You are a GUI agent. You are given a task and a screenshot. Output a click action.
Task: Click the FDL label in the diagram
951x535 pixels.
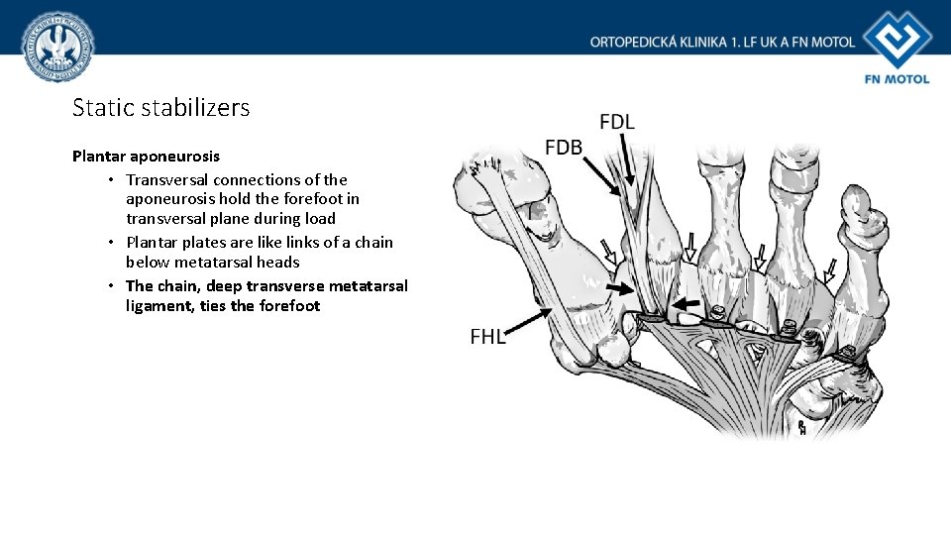point(617,122)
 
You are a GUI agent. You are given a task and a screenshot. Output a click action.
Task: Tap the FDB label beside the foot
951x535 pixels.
point(565,148)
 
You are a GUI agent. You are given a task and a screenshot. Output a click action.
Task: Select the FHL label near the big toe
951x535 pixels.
point(487,337)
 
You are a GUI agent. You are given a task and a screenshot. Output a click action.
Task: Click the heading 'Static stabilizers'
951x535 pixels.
point(161,107)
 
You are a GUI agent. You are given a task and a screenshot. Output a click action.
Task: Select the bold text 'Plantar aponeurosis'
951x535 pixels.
point(147,157)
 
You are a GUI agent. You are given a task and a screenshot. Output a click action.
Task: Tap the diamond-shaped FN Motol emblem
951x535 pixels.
point(897,39)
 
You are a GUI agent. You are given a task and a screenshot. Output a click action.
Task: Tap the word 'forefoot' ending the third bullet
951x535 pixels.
point(289,305)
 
